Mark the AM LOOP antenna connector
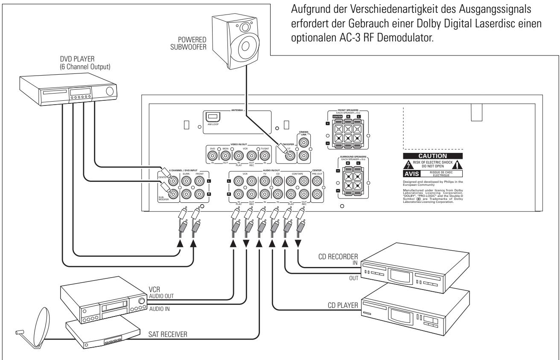coord(212,118)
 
